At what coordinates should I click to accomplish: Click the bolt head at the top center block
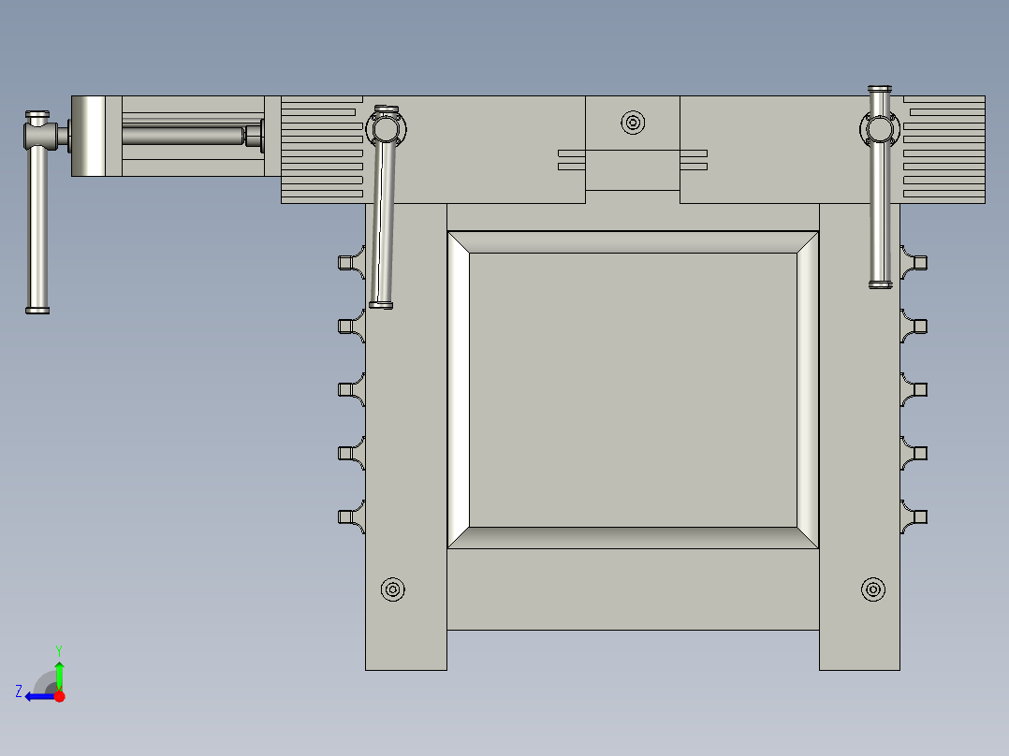point(634,123)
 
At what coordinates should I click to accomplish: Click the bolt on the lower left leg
point(393,589)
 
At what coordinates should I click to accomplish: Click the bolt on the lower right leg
point(873,589)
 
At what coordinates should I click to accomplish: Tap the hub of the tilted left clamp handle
point(386,126)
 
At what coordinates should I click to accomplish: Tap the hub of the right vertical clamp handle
point(880,127)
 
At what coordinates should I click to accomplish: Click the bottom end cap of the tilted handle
point(381,304)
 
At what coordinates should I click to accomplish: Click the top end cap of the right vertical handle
point(880,90)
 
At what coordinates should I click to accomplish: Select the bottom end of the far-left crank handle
point(37,309)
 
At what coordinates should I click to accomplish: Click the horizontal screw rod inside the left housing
point(183,136)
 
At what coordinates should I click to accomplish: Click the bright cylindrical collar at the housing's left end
point(90,137)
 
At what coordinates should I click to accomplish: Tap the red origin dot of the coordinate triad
point(59,696)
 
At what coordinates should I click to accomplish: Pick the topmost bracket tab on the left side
point(348,261)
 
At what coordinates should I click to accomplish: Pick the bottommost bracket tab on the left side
point(348,516)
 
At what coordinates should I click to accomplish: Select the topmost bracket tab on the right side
point(916,261)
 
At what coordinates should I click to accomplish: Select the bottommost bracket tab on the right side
point(916,516)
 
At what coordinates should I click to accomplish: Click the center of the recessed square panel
point(633,389)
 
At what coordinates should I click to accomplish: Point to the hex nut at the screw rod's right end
point(254,136)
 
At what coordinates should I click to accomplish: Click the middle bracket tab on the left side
point(348,389)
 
